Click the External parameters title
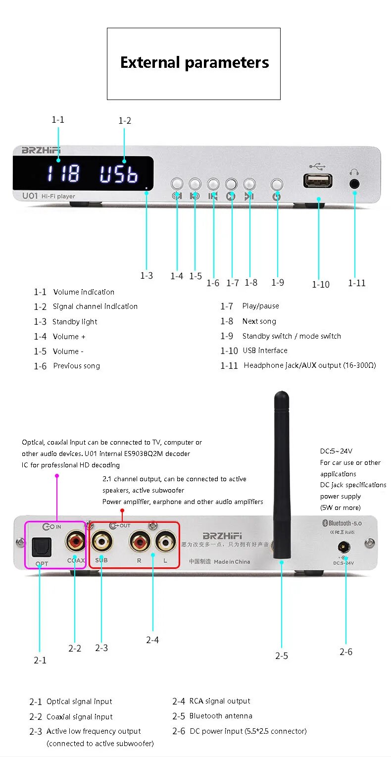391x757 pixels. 195,63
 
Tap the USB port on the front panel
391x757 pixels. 318,181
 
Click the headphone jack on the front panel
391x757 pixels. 354,183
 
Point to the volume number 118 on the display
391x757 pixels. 63,174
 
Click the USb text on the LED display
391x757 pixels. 119,174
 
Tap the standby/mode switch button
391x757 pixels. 277,185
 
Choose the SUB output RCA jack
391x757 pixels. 102,541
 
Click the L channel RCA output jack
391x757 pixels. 164,541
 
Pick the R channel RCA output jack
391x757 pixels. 139,541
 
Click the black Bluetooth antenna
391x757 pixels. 281,475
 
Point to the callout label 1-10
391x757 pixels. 320,284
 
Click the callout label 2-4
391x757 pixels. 152,640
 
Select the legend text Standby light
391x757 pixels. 75,322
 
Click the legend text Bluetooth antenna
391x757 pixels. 221,716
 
